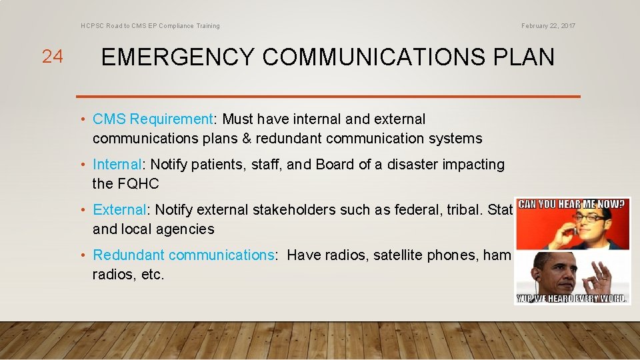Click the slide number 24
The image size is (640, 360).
(x=52, y=57)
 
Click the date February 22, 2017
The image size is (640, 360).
(x=548, y=26)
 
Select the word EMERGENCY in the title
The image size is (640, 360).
(x=177, y=57)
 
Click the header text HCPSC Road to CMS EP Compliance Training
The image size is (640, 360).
(x=150, y=26)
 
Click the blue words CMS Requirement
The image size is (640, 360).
(x=153, y=119)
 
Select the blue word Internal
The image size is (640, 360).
(x=117, y=165)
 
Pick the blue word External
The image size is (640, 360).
(x=119, y=210)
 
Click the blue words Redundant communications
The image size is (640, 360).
(x=183, y=255)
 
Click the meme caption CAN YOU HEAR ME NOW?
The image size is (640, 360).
(x=573, y=203)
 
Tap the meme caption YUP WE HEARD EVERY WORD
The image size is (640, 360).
(x=573, y=299)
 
